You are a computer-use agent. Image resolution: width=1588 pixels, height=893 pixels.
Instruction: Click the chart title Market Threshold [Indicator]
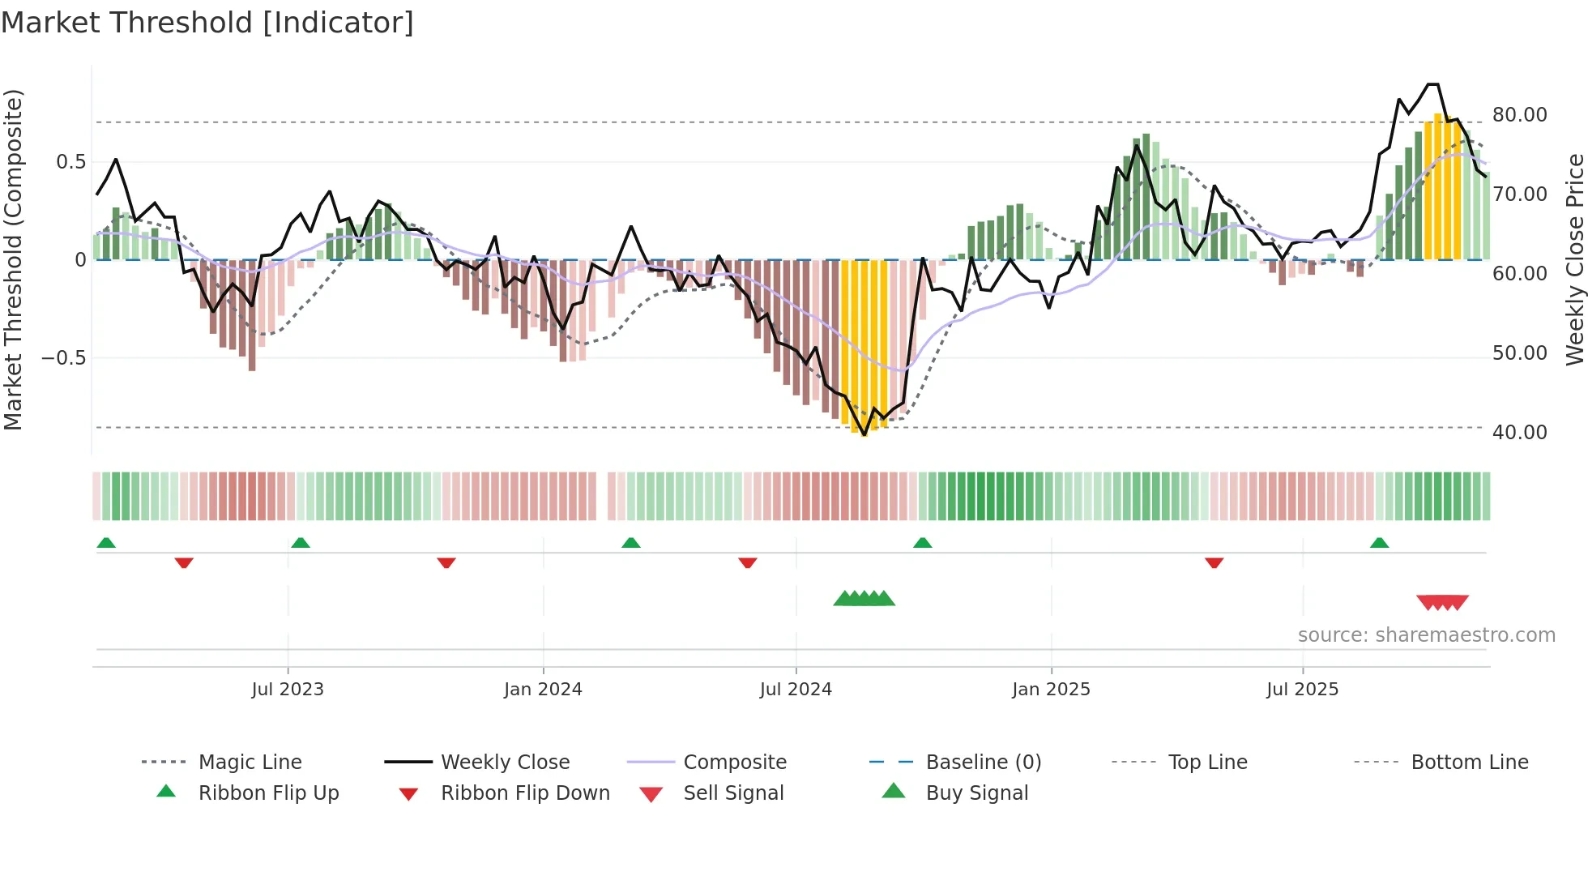pyautogui.click(x=207, y=23)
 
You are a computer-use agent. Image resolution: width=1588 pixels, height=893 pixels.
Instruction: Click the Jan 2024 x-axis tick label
pyautogui.click(x=543, y=690)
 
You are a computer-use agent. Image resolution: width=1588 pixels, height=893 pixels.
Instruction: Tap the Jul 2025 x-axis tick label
pyautogui.click(x=1302, y=690)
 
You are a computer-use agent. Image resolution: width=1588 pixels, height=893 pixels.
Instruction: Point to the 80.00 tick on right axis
pyautogui.click(x=1519, y=115)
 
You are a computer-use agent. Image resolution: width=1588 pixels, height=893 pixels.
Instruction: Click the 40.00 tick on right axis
pyautogui.click(x=1519, y=433)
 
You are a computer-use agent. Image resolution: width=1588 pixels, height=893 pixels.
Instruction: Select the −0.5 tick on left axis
pyautogui.click(x=63, y=358)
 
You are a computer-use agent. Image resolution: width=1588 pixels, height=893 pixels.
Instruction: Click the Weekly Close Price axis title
pyautogui.click(x=1574, y=259)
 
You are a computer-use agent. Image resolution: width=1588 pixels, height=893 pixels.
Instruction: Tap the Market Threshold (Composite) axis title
pyautogui.click(x=13, y=259)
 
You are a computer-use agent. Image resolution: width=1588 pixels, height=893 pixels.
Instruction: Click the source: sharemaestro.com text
pyautogui.click(x=1426, y=635)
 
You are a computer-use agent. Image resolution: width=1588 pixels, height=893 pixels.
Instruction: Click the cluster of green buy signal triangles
pyautogui.click(x=864, y=599)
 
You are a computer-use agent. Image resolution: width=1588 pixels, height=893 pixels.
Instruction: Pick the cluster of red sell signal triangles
pyautogui.click(x=1442, y=602)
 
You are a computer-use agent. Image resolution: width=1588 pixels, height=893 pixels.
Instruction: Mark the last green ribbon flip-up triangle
pyautogui.click(x=1379, y=543)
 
